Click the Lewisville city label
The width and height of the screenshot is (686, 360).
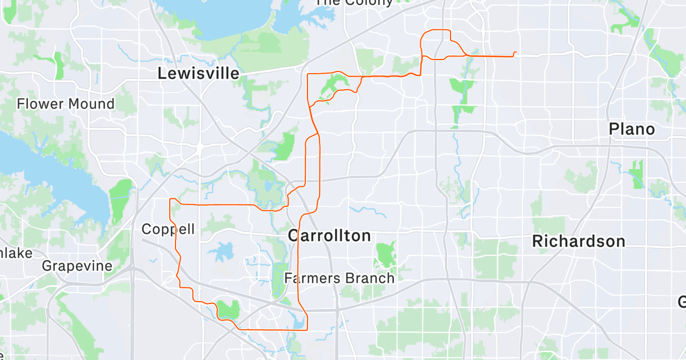click(x=198, y=74)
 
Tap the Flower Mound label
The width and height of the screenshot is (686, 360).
click(x=66, y=104)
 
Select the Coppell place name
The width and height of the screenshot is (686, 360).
click(x=168, y=230)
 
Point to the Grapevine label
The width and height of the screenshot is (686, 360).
click(x=77, y=266)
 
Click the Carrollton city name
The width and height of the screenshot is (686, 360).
click(x=329, y=235)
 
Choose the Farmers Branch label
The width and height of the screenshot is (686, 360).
click(x=340, y=279)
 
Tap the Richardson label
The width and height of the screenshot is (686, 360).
click(x=579, y=241)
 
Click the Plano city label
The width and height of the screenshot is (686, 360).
click(x=632, y=129)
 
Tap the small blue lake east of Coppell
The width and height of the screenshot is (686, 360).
click(x=224, y=251)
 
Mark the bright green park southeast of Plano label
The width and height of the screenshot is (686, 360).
click(x=636, y=174)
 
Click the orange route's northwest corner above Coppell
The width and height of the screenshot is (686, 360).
click(x=171, y=199)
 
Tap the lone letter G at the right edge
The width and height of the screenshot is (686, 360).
click(x=682, y=301)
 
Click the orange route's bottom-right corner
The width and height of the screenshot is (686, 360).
click(x=308, y=329)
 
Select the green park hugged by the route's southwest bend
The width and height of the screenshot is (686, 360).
click(x=229, y=309)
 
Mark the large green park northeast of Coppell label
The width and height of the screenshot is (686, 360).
click(x=121, y=200)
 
